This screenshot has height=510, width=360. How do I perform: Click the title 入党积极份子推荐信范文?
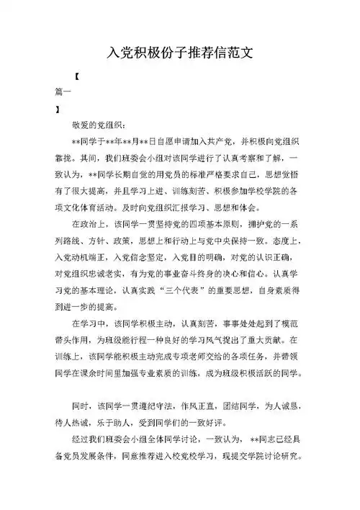[x=179, y=54]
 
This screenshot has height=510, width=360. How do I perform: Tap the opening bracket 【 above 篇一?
[x=77, y=76]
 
